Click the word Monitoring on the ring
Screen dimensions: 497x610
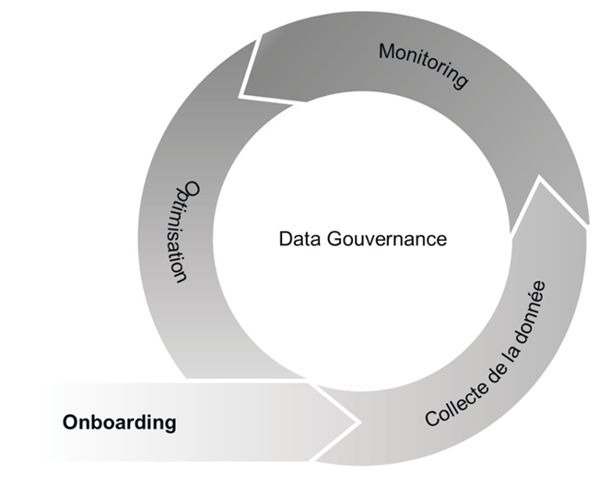[x=423, y=64]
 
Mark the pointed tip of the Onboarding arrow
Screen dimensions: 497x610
[x=358, y=422]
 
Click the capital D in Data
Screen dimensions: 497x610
[x=285, y=239]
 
